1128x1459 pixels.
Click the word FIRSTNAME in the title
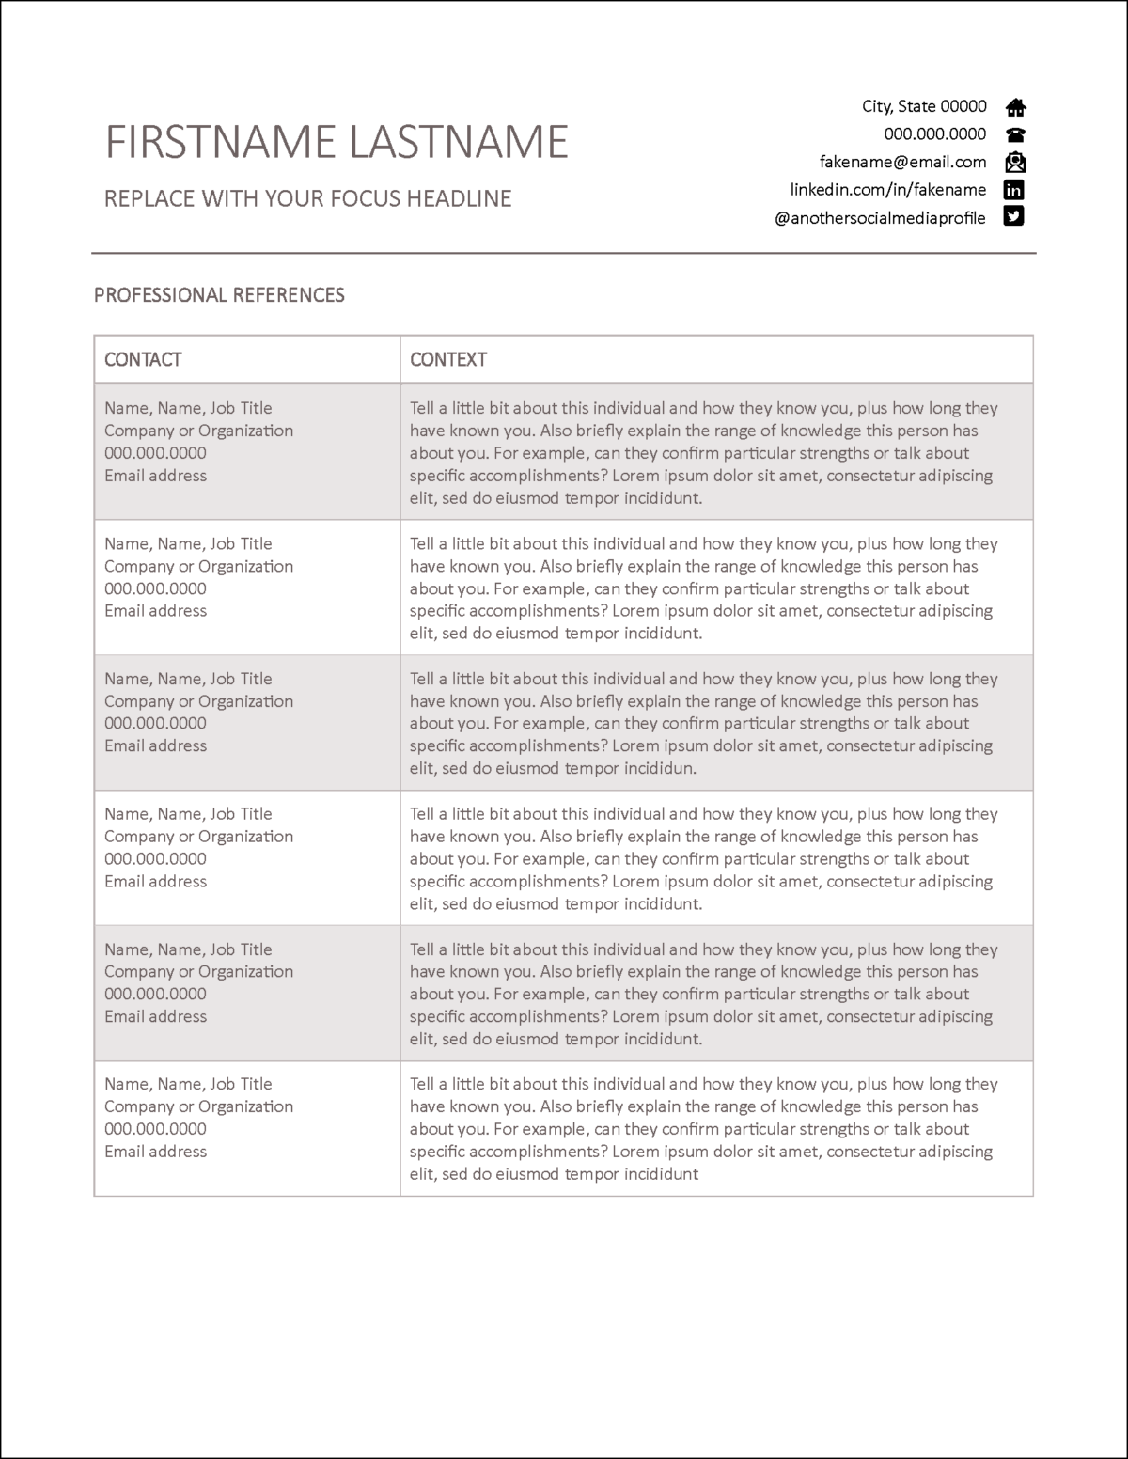coord(220,142)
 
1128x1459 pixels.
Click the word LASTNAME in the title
coord(458,142)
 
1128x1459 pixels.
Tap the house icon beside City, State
coord(1015,107)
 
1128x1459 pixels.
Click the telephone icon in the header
coord(1015,134)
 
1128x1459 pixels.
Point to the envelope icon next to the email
coord(1015,162)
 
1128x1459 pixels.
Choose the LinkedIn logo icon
coord(1013,190)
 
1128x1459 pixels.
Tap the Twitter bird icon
coord(1013,216)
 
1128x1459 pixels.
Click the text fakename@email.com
coord(902,162)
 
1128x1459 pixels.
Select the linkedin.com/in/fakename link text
coord(887,190)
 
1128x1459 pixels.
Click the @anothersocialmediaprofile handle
coord(880,218)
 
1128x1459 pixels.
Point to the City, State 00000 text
coord(924,106)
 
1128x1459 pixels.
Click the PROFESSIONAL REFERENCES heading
coord(219,295)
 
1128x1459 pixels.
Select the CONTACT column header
coord(143,359)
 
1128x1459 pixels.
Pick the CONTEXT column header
coord(448,359)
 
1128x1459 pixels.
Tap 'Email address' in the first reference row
coord(155,476)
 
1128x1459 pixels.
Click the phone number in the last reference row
coord(155,1129)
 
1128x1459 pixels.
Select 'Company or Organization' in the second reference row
coord(198,566)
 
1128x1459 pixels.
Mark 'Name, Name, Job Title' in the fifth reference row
coord(188,949)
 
